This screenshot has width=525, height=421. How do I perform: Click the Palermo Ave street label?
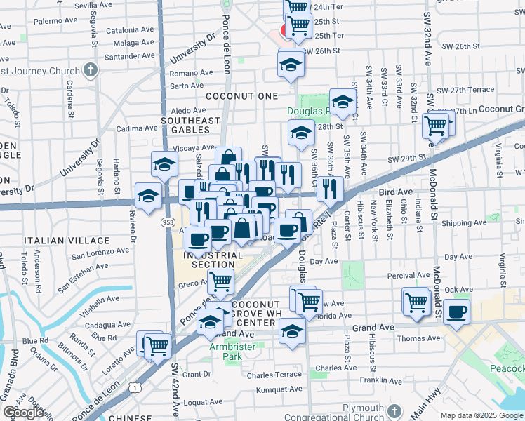coord(53,21)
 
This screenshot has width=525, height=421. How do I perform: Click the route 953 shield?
coord(168,222)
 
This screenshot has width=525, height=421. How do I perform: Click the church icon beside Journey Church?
coord(90,69)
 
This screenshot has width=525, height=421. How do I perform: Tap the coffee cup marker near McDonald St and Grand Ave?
coord(456,311)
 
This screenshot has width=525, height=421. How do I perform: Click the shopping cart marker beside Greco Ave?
coord(221,282)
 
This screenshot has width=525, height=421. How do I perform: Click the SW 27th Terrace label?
coord(465,91)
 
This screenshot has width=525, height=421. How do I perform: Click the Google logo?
coord(23,413)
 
